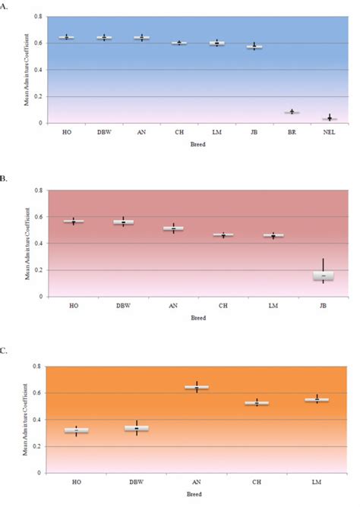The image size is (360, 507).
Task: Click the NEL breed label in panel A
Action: click(x=329, y=132)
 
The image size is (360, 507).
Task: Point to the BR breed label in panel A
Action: click(x=292, y=132)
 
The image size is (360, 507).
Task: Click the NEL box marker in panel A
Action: click(x=329, y=118)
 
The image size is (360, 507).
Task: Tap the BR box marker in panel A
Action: click(x=292, y=112)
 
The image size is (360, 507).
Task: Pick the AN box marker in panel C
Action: click(x=196, y=387)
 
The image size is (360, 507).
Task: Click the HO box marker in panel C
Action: click(x=75, y=430)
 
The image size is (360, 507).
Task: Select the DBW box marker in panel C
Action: click(x=136, y=428)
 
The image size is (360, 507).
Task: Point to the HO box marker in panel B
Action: click(x=74, y=222)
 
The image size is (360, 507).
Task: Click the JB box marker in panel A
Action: click(x=254, y=47)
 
